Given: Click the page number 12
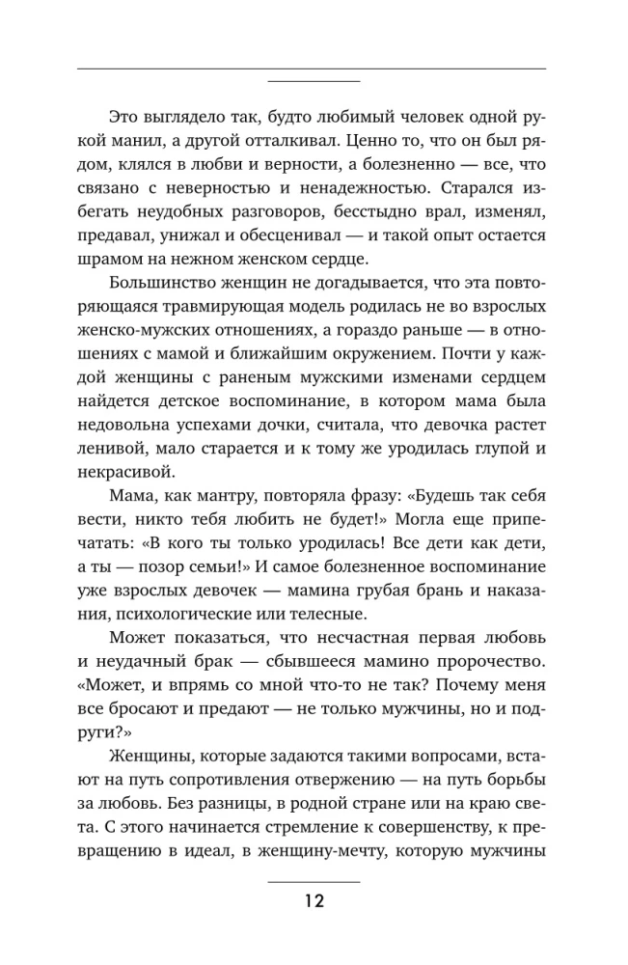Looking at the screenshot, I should click(313, 902).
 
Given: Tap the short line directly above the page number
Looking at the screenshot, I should click(313, 882).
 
